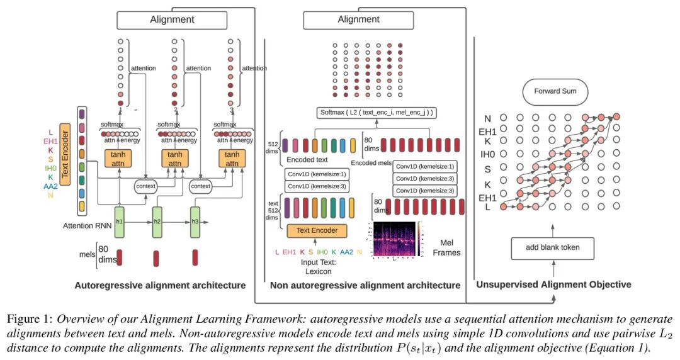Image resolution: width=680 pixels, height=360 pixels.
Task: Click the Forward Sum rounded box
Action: pyautogui.click(x=552, y=91)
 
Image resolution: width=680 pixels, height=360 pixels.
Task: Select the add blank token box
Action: pyautogui.click(x=552, y=247)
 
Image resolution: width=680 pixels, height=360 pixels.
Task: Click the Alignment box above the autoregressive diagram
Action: pyautogui.click(x=172, y=20)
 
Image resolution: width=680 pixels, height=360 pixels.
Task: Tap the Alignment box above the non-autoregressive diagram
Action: pyautogui.click(x=358, y=20)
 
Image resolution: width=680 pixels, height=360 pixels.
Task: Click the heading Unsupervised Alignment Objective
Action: pyautogui.click(x=553, y=284)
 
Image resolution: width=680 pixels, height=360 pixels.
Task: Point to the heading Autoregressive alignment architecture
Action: pyautogui.click(x=160, y=285)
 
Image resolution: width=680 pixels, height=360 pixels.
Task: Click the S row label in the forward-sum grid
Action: pyautogui.click(x=488, y=170)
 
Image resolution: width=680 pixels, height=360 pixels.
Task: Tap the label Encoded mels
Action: pyautogui.click(x=372, y=162)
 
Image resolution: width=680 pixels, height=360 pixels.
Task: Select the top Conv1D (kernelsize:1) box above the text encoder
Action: pyautogui.click(x=317, y=174)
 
